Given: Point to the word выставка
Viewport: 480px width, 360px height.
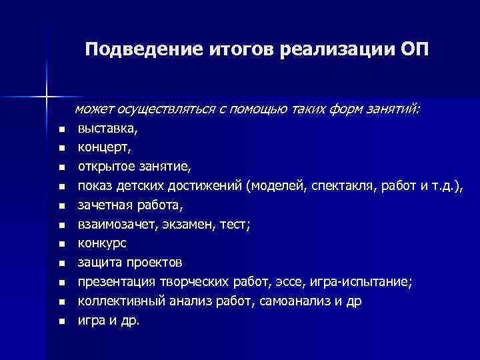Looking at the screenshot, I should pyautogui.click(x=102, y=128).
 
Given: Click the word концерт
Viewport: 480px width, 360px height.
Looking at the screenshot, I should pyautogui.click(x=99, y=147).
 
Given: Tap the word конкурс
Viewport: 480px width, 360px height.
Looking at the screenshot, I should pyautogui.click(x=101, y=243).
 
